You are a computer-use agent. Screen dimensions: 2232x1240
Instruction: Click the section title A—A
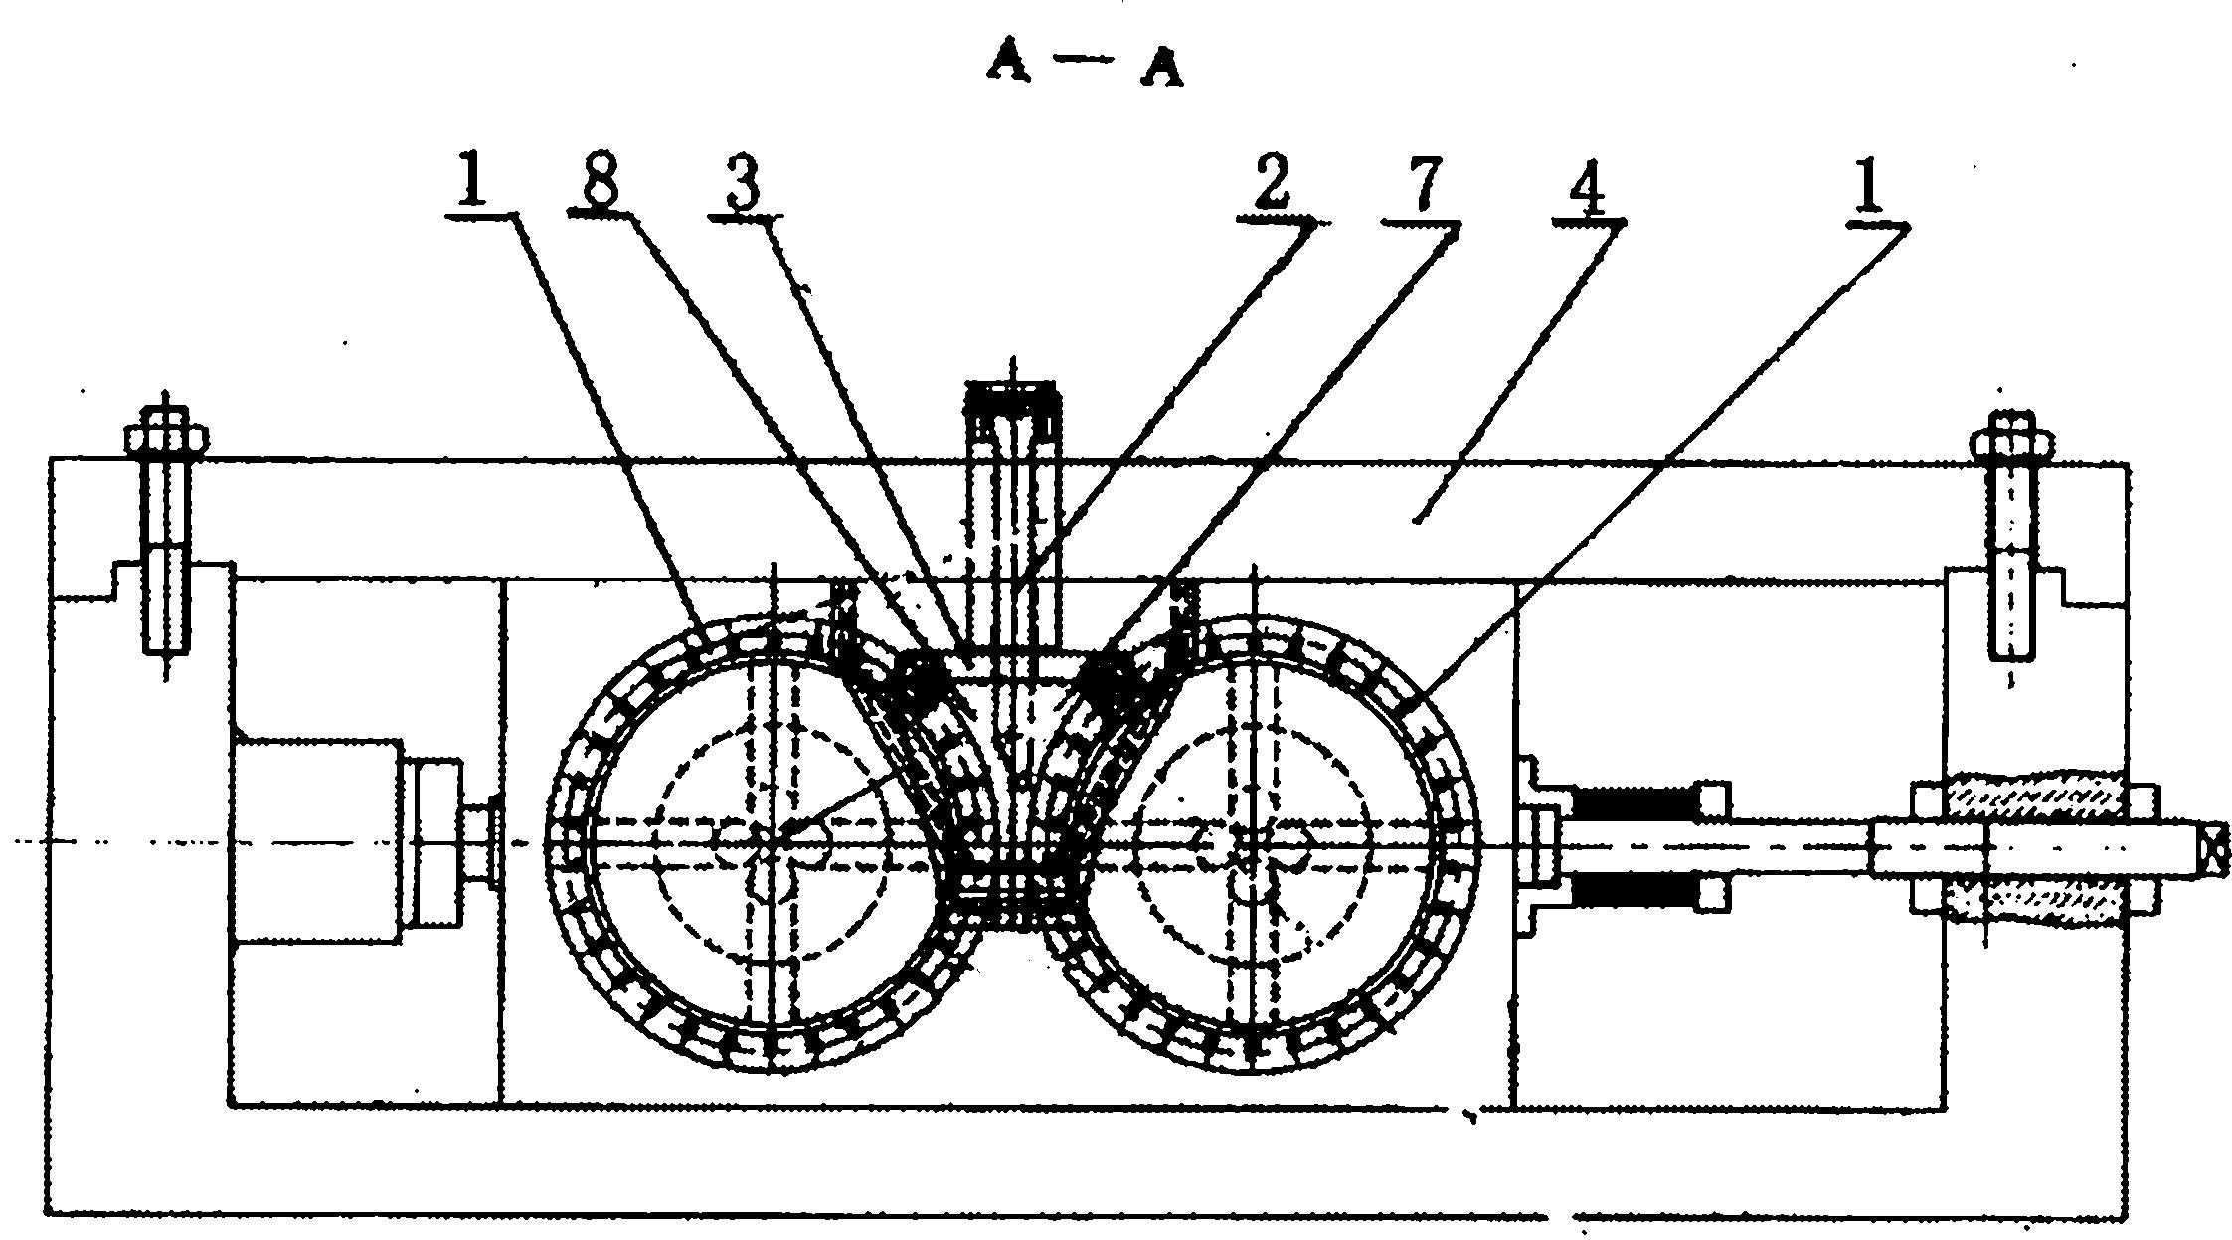point(1085,66)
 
